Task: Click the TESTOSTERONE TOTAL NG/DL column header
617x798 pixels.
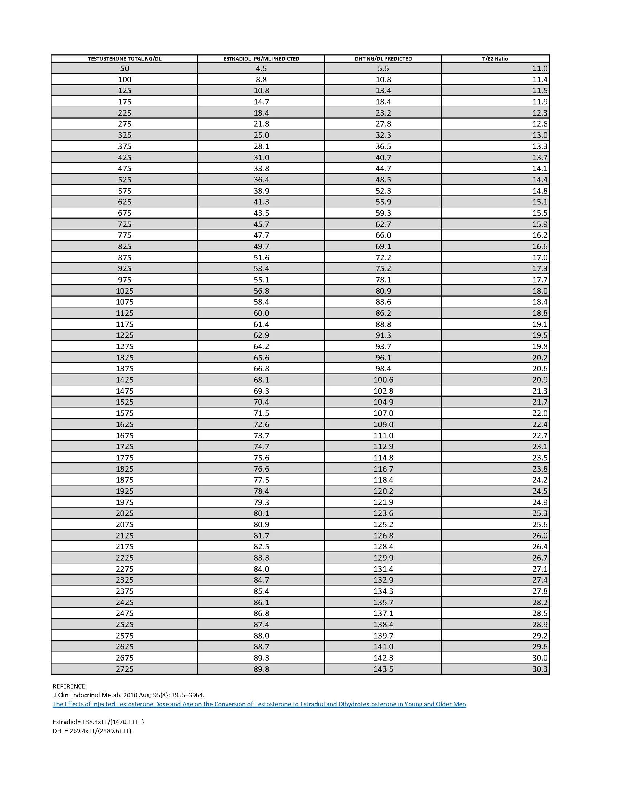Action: [x=124, y=58]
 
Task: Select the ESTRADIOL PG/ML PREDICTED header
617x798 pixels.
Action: [x=261, y=58]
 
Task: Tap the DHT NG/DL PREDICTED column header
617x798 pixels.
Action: [x=383, y=58]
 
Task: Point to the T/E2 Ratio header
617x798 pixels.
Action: [x=495, y=58]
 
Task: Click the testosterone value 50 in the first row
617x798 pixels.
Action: [x=124, y=68]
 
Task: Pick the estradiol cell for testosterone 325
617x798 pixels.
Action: [x=261, y=135]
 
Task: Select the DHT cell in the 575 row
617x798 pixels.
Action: [x=383, y=191]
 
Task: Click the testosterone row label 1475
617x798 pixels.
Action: [x=124, y=391]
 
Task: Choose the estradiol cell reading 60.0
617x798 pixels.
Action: [x=261, y=313]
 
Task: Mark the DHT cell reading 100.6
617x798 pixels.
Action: [x=383, y=380]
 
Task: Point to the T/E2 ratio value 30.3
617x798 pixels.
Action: [x=539, y=669]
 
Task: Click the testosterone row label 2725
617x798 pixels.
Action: [x=124, y=669]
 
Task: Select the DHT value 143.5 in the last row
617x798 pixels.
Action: [x=383, y=669]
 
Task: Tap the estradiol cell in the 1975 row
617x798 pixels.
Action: [x=261, y=502]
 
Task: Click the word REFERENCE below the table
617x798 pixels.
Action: [x=69, y=686]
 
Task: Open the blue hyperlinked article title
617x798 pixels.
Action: [x=259, y=704]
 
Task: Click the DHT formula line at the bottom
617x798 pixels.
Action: [x=92, y=731]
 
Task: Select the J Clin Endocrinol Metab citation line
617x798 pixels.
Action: [x=129, y=695]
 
